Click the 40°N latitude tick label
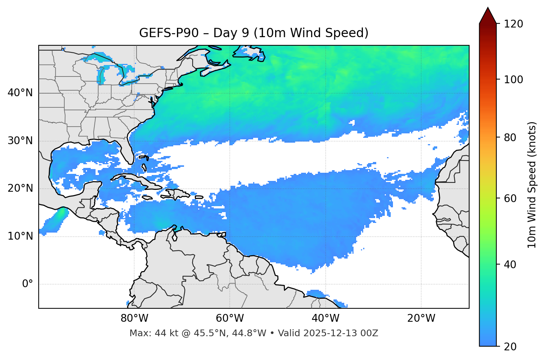click(x=20, y=93)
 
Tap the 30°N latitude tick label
click(x=20, y=141)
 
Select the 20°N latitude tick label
click(x=20, y=188)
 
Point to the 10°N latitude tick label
click(x=20, y=236)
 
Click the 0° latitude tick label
click(x=28, y=284)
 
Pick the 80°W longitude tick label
click(x=134, y=318)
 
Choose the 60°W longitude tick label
click(x=230, y=318)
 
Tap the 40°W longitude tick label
click(x=326, y=318)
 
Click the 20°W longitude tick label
click(x=421, y=318)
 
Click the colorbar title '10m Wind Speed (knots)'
click(x=532, y=185)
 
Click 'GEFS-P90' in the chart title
click(x=164, y=33)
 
